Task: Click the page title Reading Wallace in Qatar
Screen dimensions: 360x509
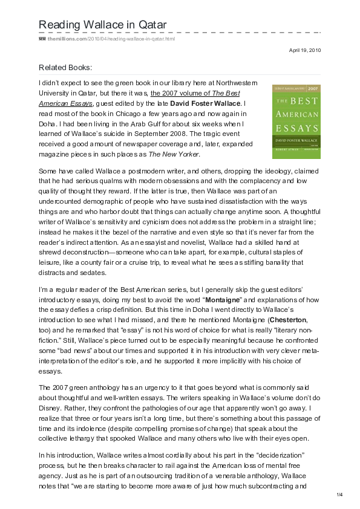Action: click(102, 24)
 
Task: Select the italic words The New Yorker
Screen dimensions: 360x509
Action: click(187, 155)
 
